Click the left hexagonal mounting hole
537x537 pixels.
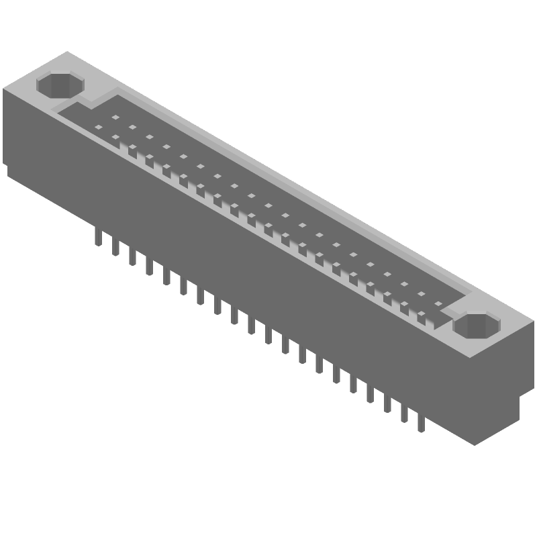[60, 85]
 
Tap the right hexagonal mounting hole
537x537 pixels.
[477, 325]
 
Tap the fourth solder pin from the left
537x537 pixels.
[149, 266]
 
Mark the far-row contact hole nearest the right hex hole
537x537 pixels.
[438, 303]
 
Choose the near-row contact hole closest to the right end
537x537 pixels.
[421, 313]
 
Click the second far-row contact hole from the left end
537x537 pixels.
[132, 127]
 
